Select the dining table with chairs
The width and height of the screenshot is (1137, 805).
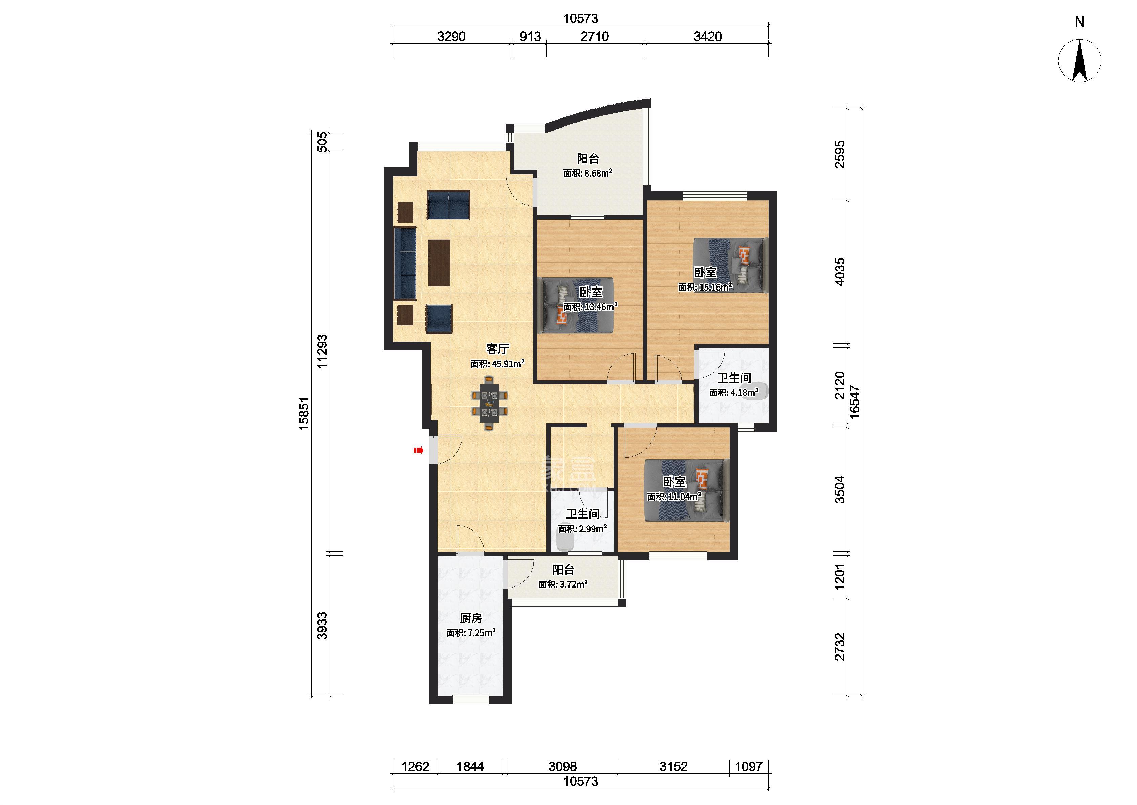pos(142,403)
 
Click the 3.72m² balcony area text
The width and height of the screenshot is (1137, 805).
pos(563,584)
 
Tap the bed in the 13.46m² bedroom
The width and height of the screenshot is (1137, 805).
pos(578,304)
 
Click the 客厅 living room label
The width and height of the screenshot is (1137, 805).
pos(497,349)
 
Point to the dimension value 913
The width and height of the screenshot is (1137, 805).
pos(530,37)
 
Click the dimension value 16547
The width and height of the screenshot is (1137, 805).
pos(853,402)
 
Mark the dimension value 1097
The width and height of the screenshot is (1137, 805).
pos(749,767)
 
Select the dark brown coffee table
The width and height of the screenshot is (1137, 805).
pos(92,263)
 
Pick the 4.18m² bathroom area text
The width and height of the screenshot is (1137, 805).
pos(734,393)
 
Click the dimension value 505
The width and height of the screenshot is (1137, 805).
pos(322,141)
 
